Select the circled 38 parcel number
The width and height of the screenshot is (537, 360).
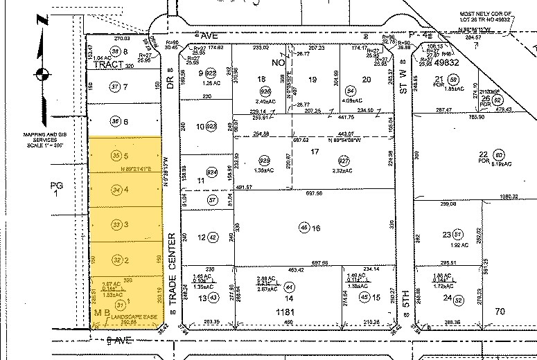[117, 52]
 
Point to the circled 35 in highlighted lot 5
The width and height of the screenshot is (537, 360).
[116, 156]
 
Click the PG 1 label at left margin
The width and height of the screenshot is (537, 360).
[57, 190]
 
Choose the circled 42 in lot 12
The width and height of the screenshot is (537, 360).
[202, 237]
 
